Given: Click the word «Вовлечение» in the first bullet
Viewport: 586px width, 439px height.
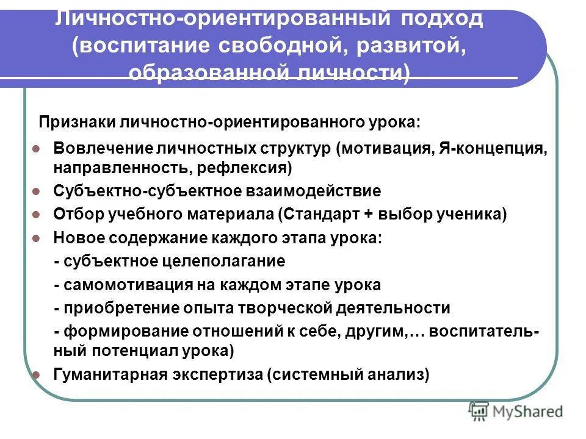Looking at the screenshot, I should click(x=102, y=148).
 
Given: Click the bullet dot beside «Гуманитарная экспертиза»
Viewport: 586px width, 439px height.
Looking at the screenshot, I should click(x=36, y=375).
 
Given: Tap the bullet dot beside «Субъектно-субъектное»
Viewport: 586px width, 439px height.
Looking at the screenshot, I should click(x=36, y=191).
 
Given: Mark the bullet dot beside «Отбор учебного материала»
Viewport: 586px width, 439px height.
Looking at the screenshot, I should click(x=36, y=215).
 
